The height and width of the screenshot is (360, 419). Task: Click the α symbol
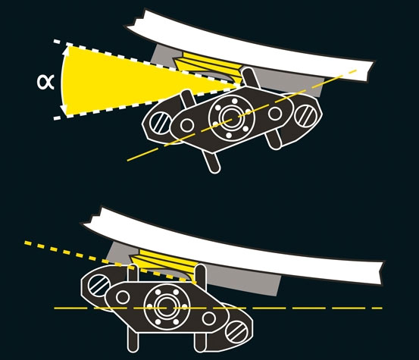click(x=45, y=82)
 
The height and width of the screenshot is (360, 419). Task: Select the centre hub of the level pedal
click(x=167, y=307)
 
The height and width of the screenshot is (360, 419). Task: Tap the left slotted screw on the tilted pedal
click(x=160, y=123)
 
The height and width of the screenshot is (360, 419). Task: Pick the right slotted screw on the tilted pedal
click(x=305, y=115)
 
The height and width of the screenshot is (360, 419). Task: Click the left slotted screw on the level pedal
click(x=98, y=285)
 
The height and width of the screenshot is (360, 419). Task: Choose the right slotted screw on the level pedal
click(x=236, y=331)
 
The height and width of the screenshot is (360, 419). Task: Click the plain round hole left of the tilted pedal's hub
click(x=187, y=125)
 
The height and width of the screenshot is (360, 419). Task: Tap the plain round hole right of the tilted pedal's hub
click(x=275, y=114)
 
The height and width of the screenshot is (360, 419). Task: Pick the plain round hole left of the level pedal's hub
click(x=123, y=297)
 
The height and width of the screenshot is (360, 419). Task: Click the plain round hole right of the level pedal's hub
click(x=208, y=318)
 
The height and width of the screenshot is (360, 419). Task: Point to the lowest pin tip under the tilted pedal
click(x=215, y=170)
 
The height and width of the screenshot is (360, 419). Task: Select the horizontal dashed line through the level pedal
click(x=218, y=308)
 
